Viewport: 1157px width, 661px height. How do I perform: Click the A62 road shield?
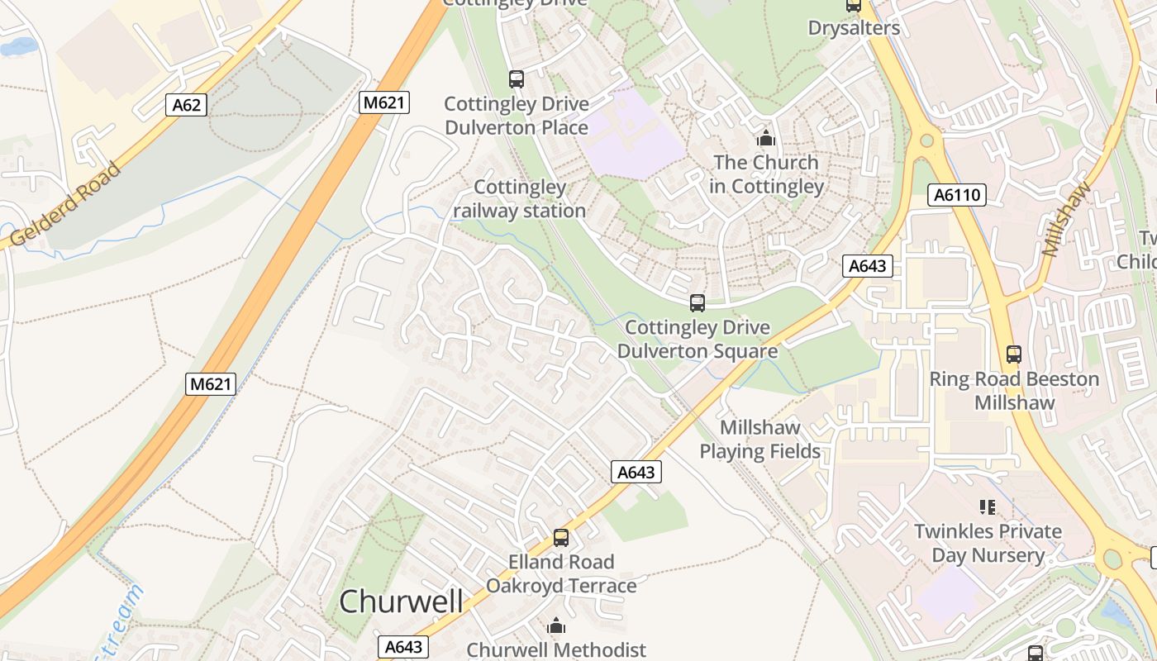pos(185,105)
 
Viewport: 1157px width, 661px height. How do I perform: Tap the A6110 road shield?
pos(958,195)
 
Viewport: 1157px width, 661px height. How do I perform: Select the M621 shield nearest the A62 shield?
pos(384,102)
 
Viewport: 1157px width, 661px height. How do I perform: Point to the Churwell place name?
pos(401,601)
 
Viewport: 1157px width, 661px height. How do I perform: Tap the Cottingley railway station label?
pos(520,199)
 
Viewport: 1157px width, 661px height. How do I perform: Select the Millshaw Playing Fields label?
pos(760,440)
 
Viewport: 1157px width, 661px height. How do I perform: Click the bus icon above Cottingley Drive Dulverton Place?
pos(517,79)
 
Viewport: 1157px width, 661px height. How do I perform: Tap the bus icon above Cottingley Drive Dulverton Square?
pos(698,303)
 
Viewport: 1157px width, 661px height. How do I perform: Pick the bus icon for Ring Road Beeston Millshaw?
pos(1014,354)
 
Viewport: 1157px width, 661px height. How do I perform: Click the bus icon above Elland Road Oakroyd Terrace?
pos(561,538)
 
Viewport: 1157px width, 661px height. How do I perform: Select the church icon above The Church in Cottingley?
pos(766,138)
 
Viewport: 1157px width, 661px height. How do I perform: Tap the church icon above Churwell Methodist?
pos(556,625)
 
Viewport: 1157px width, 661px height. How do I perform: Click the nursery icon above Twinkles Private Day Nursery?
pos(987,506)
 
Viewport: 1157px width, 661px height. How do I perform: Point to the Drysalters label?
pos(854,27)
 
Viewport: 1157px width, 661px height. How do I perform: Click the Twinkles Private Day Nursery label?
pos(988,543)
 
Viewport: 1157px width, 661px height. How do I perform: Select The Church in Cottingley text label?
pos(766,174)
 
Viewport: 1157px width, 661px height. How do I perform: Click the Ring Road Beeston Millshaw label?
pos(1014,391)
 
